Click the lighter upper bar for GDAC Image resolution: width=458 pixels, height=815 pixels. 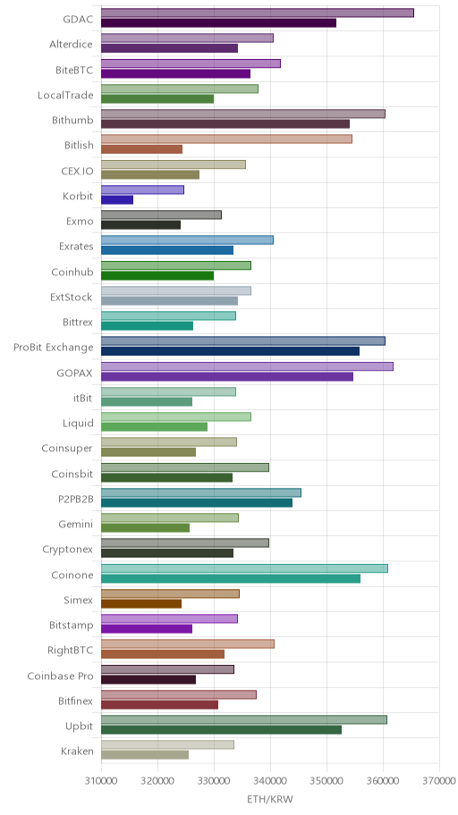tap(257, 13)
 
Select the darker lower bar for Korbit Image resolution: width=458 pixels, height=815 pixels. tap(117, 199)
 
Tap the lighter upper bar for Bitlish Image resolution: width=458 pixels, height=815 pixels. tap(226, 139)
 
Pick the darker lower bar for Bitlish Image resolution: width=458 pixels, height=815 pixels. tap(141, 149)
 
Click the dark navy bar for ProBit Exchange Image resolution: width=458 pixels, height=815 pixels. tap(230, 351)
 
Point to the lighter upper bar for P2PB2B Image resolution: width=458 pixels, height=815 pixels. tap(201, 492)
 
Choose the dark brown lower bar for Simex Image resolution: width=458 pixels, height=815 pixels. tap(141, 604)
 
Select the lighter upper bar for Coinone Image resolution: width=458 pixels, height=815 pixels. tap(244, 568)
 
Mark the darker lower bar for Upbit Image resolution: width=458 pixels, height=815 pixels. tap(221, 730)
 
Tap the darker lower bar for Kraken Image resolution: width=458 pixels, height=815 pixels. tap(145, 755)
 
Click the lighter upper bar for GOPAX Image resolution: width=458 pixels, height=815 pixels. tap(247, 366)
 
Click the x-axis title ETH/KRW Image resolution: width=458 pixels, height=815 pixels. tap(270, 799)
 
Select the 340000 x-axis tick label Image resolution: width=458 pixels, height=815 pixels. tap(270, 781)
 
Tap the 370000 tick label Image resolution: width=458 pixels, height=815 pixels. tap(439, 781)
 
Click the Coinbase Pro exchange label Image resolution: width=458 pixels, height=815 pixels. tap(60, 676)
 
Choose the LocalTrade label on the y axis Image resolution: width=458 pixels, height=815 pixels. tap(65, 95)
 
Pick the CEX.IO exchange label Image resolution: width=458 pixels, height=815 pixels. tap(78, 171)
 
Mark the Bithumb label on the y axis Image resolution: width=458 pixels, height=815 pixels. tap(72, 120)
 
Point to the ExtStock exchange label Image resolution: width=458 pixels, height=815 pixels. tap(72, 297)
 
